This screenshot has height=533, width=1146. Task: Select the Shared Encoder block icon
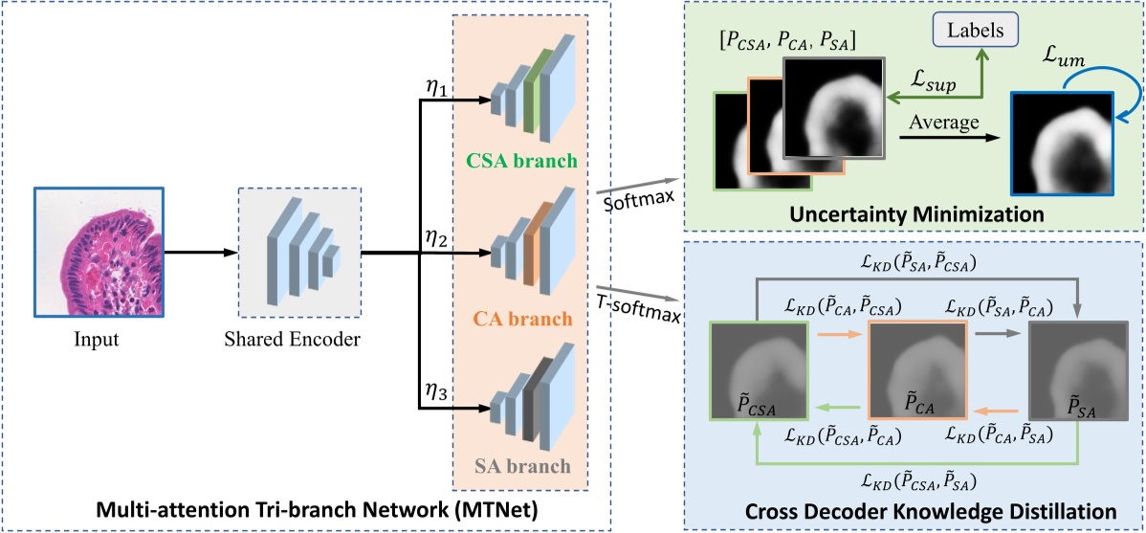pyautogui.click(x=300, y=254)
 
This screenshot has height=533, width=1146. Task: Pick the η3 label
pyautogui.click(x=439, y=392)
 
